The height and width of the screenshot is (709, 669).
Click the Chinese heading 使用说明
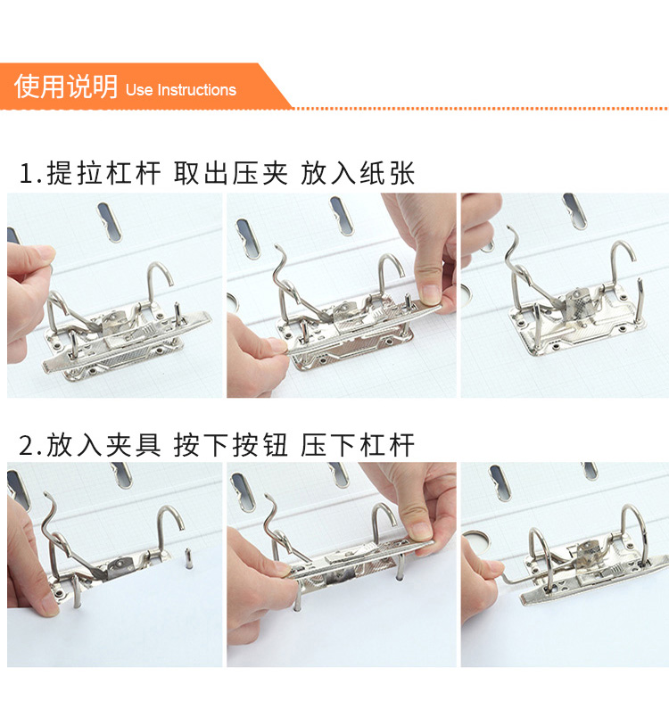66,86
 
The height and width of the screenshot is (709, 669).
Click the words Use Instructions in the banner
181,89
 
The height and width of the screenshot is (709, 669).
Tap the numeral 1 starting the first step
26,174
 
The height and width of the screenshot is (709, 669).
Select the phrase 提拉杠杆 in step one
103,173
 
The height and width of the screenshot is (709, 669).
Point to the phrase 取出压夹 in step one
231,173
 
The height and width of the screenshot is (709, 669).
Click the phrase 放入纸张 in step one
358,173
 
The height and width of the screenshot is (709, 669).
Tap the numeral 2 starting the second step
26,446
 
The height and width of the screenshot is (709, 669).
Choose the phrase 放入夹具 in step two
103,445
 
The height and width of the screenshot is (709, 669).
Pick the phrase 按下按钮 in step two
231,445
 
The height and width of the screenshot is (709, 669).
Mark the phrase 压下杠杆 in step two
358,445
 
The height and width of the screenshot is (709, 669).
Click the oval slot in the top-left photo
110,221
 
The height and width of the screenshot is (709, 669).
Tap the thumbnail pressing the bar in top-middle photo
430,294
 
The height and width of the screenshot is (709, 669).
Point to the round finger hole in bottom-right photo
475,541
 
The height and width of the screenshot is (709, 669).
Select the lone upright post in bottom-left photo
188,560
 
